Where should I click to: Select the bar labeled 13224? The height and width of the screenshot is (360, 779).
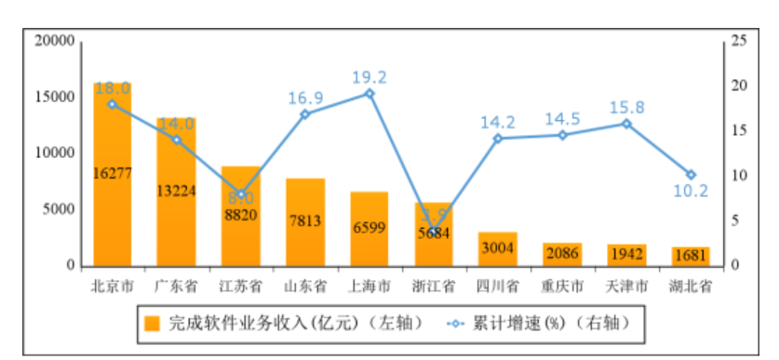point(176,192)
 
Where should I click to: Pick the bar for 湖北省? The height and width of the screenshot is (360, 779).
point(690,256)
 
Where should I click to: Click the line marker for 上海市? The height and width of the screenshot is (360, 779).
point(369,93)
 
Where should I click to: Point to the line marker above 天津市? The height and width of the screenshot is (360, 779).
point(626,124)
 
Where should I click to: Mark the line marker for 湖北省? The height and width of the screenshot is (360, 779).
point(691,174)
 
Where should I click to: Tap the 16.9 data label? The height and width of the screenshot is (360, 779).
point(304,94)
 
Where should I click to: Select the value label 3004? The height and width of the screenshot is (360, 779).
point(498,247)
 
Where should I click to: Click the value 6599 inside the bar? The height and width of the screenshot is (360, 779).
point(369,229)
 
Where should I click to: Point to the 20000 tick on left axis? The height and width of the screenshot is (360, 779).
point(54,41)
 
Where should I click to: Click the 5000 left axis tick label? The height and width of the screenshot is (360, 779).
point(58,209)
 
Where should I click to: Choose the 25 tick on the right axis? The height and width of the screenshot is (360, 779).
point(741,41)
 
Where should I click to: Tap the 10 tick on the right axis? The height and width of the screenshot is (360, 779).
point(741,176)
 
